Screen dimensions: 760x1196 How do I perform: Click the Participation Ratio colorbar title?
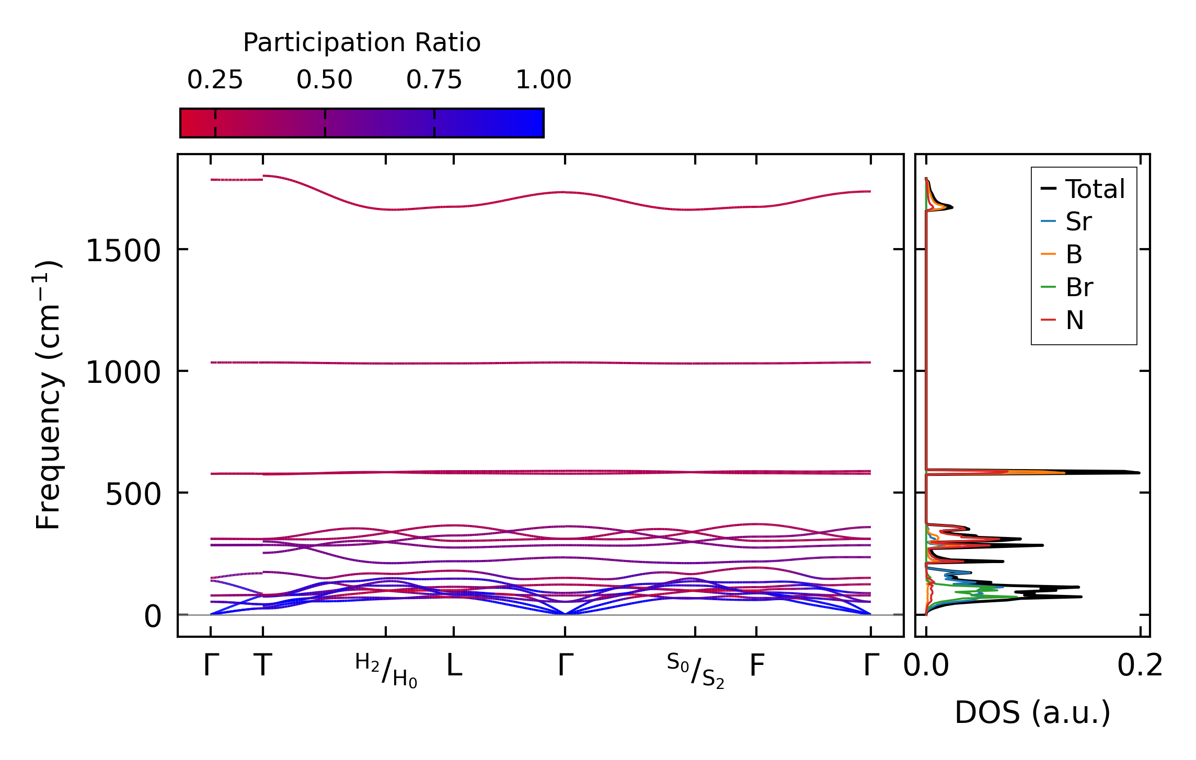tap(362, 43)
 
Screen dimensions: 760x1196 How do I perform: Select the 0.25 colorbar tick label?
tap(215, 80)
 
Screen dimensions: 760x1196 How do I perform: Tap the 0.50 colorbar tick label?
tap(325, 80)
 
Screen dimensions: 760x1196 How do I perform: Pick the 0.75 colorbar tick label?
tap(434, 80)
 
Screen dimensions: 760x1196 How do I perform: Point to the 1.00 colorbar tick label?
tap(543, 80)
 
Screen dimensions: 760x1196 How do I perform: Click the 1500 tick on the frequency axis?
tap(123, 251)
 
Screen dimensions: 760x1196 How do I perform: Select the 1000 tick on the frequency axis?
tap(123, 373)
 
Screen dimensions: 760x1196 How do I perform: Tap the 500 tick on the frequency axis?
tap(133, 494)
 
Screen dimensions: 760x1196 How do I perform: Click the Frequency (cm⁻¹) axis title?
tap(49, 395)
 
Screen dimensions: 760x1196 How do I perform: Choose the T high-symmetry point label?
tap(263, 665)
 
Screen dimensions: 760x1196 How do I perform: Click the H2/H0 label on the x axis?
tap(386, 671)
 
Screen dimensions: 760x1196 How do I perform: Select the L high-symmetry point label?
tap(454, 665)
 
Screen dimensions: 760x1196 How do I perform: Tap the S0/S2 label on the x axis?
tap(695, 671)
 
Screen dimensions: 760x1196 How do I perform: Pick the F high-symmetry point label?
tap(757, 665)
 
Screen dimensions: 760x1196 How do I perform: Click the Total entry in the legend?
tap(1095, 189)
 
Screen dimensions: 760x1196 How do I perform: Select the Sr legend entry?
tap(1078, 221)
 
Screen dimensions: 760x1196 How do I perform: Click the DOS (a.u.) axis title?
tap(1032, 712)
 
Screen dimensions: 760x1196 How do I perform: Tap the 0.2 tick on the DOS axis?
tap(1140, 666)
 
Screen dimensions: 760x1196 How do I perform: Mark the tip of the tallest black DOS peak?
tap(1139, 473)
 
